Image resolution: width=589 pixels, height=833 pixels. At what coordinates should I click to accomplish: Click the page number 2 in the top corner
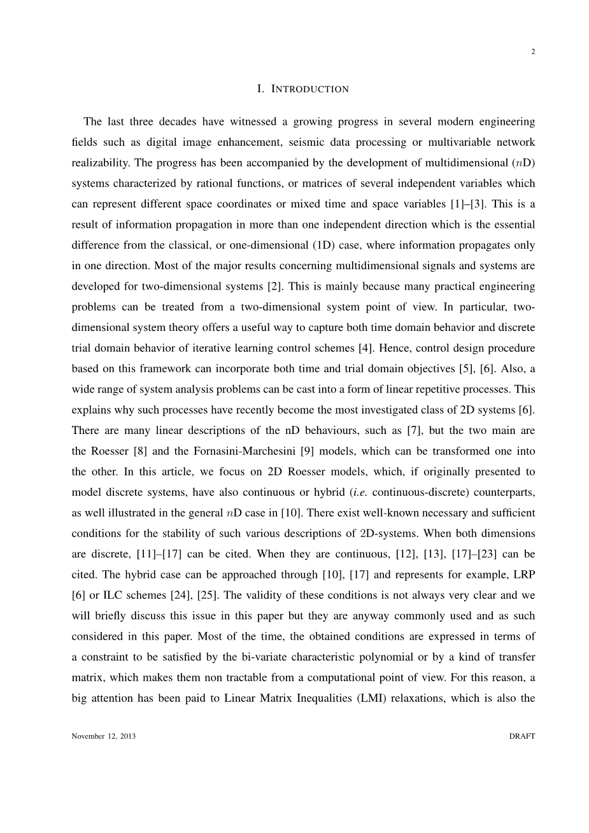point(532,52)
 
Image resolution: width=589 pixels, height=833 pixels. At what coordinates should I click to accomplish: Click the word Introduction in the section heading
point(310,89)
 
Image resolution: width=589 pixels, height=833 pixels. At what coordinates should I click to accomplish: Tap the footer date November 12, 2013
point(104,736)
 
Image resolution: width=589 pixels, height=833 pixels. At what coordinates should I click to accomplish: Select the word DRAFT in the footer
point(522,736)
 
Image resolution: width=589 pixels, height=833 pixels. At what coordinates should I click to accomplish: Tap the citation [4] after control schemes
point(365,348)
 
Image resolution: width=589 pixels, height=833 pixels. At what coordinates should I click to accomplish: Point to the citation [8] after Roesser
point(139,451)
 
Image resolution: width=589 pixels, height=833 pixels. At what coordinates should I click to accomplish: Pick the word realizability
point(99,163)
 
